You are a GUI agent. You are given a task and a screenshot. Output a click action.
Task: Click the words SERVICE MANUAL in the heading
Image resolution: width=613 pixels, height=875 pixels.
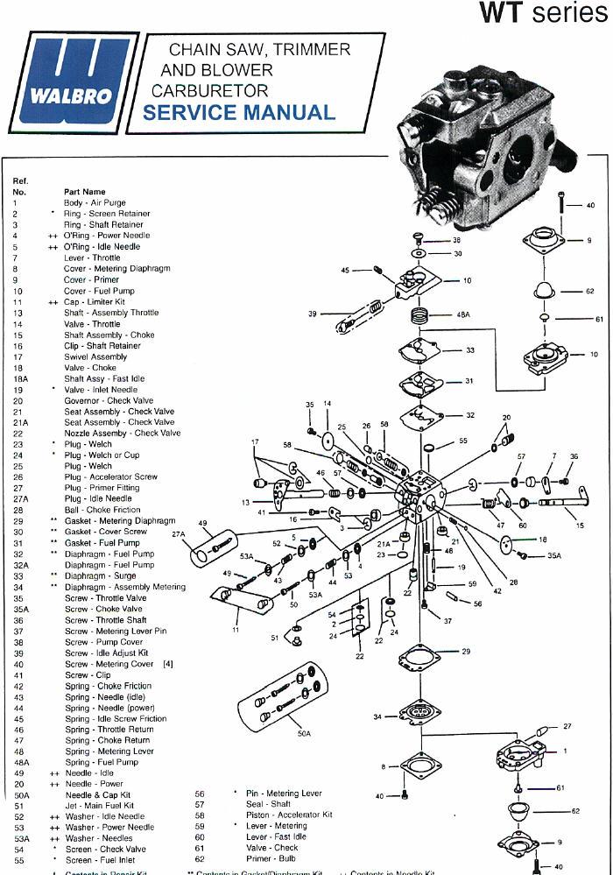238,113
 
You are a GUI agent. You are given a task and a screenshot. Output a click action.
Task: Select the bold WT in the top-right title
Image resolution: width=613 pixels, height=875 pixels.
500,14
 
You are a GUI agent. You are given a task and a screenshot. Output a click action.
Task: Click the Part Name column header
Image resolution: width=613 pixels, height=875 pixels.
84,192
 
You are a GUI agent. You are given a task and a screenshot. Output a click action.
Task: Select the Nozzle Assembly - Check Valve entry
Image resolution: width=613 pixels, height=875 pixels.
122,433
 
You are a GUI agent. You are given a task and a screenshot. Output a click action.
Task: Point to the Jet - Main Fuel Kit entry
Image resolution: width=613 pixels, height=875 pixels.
99,805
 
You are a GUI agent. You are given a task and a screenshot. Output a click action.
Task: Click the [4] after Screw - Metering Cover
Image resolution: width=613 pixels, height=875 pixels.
167,664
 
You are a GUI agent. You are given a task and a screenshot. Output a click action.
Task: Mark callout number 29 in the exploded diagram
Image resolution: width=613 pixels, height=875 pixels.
466,652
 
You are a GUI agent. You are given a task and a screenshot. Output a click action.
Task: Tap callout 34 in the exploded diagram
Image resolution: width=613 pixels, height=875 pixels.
377,716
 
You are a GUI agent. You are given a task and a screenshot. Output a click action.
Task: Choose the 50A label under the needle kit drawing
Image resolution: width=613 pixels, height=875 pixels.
304,732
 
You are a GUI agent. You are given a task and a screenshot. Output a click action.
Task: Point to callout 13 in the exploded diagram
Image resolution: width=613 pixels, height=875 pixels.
245,503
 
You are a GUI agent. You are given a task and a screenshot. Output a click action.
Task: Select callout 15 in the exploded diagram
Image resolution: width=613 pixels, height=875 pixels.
580,525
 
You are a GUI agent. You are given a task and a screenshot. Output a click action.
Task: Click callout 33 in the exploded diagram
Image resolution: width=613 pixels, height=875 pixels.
470,350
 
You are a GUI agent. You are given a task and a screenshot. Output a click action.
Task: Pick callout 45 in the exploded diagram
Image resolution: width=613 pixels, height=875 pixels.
345,271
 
